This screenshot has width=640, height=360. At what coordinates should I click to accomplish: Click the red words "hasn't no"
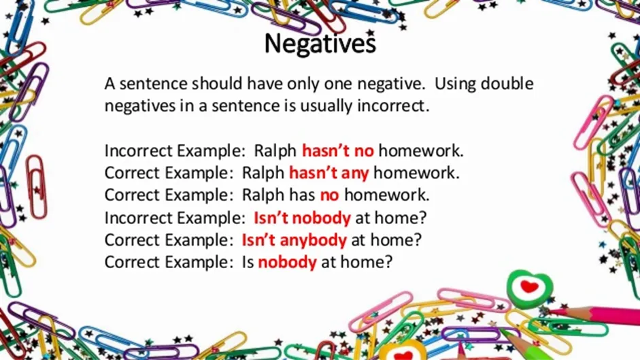[x=337, y=151]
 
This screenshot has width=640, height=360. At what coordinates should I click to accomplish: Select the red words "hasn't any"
[x=329, y=173]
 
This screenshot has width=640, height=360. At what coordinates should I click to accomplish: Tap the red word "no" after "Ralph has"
[x=329, y=195]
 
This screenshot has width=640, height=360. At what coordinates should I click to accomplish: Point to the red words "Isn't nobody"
[x=302, y=218]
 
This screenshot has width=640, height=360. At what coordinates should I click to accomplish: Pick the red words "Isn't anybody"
[x=294, y=240]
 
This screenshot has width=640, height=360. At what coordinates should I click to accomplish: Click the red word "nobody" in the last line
[x=287, y=262]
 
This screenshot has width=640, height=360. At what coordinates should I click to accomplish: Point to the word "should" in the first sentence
[x=217, y=83]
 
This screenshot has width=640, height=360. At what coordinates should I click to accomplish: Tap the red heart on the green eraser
[x=529, y=287]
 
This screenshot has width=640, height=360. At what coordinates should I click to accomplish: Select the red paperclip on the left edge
[x=36, y=186]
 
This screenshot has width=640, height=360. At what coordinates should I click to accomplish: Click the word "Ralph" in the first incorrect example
[x=275, y=151]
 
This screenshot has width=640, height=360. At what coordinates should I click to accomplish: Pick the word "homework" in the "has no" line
[x=386, y=195]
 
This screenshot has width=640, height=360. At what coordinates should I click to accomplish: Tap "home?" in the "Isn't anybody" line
[x=396, y=240]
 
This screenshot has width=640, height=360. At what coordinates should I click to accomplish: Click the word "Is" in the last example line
[x=248, y=262]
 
